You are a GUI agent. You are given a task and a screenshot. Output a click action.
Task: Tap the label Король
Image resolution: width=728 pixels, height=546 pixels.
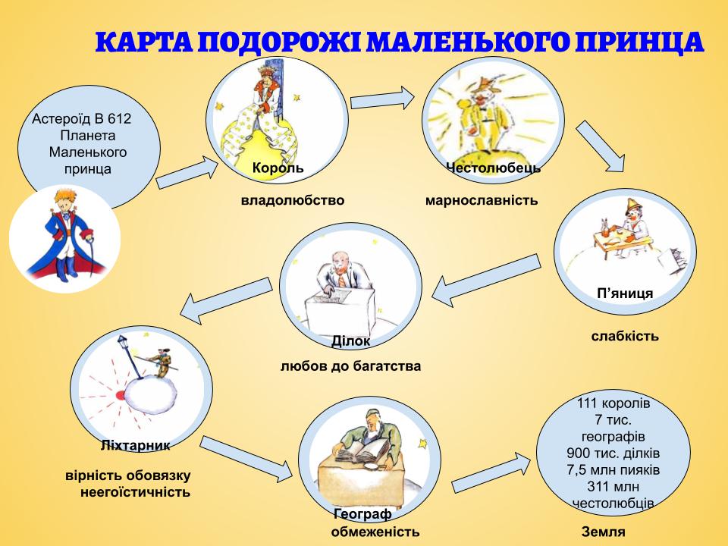pos(278,168)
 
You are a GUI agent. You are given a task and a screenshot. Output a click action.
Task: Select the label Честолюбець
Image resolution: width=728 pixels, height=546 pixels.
pos(493,168)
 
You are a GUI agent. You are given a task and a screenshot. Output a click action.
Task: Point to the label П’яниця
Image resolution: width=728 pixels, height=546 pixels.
pos(625,293)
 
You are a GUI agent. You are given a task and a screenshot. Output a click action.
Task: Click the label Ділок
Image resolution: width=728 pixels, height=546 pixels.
pos(351,340)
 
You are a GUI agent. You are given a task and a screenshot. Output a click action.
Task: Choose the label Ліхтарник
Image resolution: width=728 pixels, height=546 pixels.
pos(135,444)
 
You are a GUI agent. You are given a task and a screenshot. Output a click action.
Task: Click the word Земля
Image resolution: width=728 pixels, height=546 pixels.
pos(603,532)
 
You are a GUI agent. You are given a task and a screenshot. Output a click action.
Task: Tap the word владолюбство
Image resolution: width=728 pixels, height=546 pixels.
pos(292,200)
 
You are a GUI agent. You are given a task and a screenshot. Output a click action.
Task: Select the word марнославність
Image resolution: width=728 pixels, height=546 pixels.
pos(482,200)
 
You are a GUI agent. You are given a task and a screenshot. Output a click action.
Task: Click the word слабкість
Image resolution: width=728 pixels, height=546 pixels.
pos(625,335)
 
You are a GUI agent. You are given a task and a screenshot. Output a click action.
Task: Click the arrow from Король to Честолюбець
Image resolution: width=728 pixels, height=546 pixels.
pos(383,99)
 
